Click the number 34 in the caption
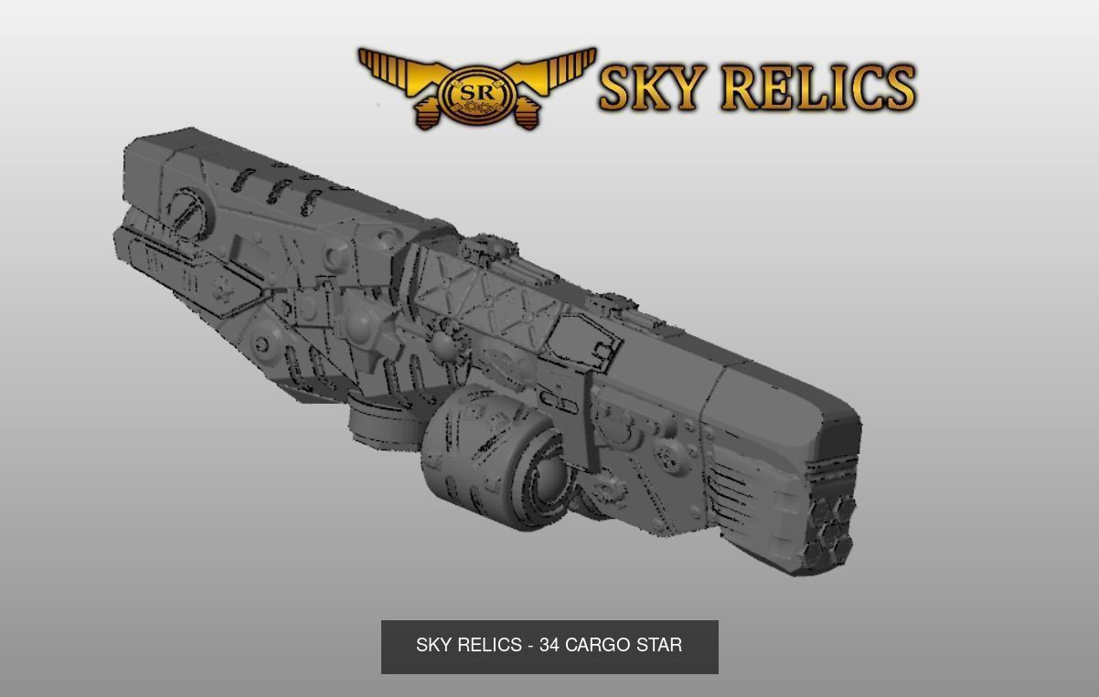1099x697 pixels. click(549, 646)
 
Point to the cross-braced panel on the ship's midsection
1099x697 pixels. click(485, 292)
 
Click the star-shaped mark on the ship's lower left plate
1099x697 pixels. click(221, 290)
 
